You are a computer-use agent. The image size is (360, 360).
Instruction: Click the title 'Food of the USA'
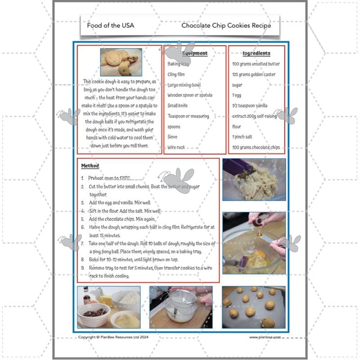[x=110, y=25]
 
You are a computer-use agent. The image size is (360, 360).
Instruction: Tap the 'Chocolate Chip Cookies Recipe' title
[x=226, y=25]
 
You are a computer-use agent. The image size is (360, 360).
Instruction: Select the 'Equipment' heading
[x=195, y=53]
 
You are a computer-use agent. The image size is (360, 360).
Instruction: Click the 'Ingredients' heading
[x=256, y=53]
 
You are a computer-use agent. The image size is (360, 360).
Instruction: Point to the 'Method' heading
[x=90, y=166]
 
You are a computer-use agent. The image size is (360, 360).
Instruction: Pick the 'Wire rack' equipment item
[x=176, y=147]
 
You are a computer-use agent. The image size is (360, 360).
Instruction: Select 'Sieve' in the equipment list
[x=172, y=137]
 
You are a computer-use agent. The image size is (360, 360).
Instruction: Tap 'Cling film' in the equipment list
[x=176, y=74]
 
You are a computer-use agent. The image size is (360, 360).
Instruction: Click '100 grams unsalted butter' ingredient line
[x=256, y=64]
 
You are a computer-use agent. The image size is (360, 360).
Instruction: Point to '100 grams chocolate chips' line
[x=256, y=147]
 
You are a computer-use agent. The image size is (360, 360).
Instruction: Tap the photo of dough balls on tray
[x=254, y=307]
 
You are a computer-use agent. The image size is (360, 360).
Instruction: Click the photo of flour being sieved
[x=181, y=307]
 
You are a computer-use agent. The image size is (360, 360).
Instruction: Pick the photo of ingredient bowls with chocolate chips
[x=108, y=307]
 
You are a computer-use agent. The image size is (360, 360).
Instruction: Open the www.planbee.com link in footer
[x=265, y=337]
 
